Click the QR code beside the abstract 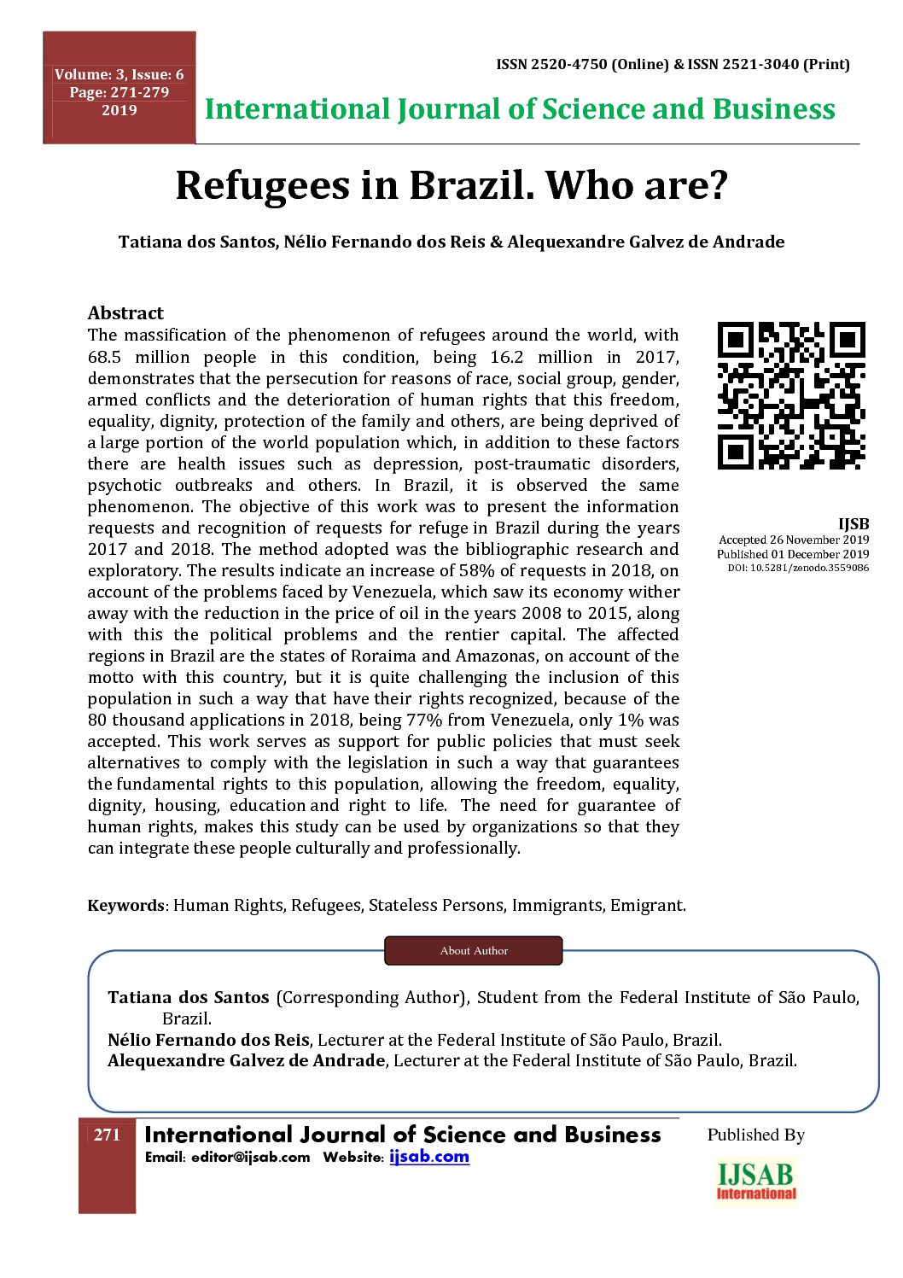(791, 395)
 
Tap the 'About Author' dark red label (474, 950)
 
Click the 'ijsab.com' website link (429, 1157)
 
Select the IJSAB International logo (756, 1182)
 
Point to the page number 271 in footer (107, 1135)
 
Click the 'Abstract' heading (125, 312)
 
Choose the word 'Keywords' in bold (125, 905)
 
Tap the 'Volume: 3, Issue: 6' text (119, 75)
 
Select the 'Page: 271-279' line (119, 92)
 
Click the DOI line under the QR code (798, 568)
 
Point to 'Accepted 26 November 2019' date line (794, 540)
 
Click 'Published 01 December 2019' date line (793, 554)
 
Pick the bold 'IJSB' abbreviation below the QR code (853, 524)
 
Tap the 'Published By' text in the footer (755, 1135)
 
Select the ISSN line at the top (673, 64)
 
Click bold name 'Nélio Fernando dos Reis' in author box (208, 1040)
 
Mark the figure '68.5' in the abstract (105, 357)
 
